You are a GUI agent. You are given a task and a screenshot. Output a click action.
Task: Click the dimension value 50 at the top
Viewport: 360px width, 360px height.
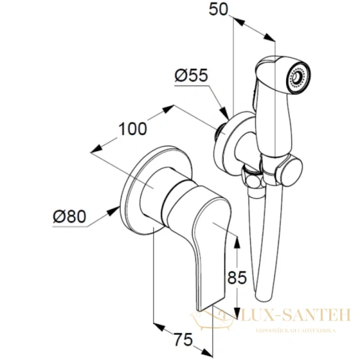(x=220, y=10)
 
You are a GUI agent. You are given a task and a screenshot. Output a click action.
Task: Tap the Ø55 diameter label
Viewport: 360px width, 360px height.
(x=190, y=76)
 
